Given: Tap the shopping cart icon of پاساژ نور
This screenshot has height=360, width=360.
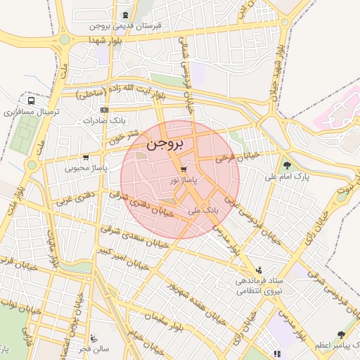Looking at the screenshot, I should point(183,170).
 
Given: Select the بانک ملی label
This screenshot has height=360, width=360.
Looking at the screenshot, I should point(205,210).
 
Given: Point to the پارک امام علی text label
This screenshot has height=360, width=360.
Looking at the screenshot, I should point(286,177).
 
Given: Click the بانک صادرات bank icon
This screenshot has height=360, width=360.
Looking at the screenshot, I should point(104,110).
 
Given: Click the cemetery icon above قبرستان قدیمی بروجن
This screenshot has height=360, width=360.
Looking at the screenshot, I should point(125,15).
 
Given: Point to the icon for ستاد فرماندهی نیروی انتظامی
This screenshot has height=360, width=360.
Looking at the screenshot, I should point(259,270).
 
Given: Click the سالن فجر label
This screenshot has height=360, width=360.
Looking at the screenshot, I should point(94,349).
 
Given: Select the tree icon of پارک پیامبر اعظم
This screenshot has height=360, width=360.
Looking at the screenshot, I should point(341,335).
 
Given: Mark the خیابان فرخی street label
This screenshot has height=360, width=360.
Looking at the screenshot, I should point(238,156).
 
